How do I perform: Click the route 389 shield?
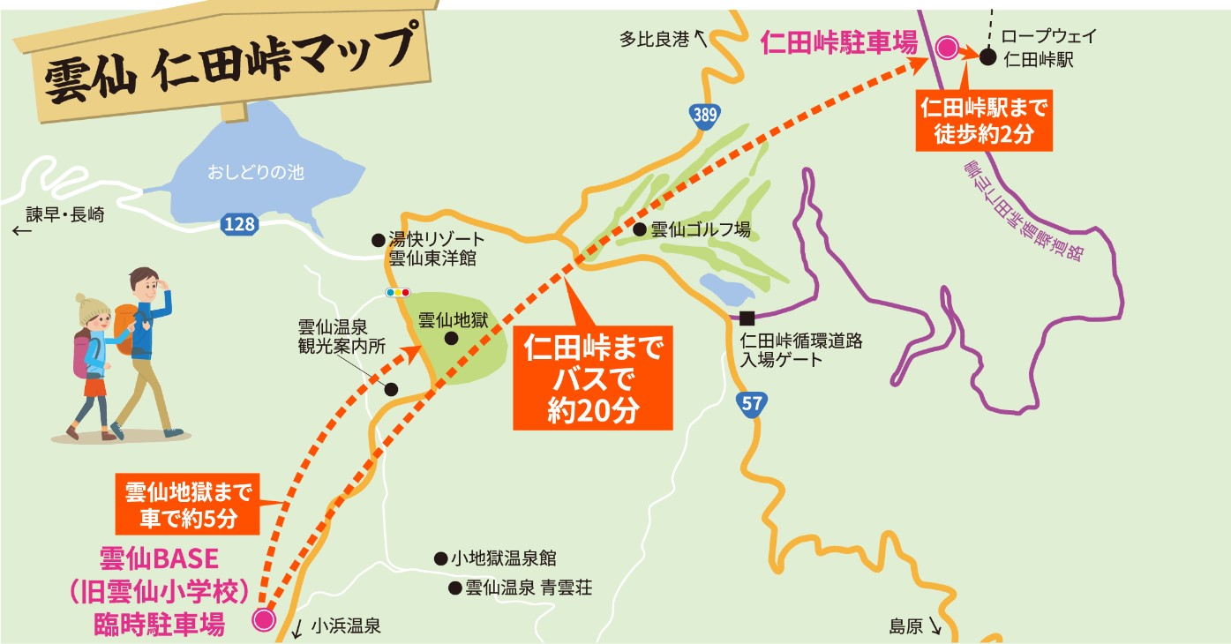(x=704, y=115)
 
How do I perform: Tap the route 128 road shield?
(x=239, y=225)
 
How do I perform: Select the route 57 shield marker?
(x=751, y=404)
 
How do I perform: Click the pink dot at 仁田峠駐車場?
(x=948, y=48)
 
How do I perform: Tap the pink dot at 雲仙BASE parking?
(x=264, y=619)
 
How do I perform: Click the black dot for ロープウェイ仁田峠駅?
(x=988, y=54)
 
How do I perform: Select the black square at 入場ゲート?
(x=747, y=318)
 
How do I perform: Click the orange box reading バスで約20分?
(x=592, y=379)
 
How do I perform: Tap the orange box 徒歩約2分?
(x=984, y=123)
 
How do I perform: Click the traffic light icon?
(x=398, y=292)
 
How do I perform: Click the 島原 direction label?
(x=906, y=626)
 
